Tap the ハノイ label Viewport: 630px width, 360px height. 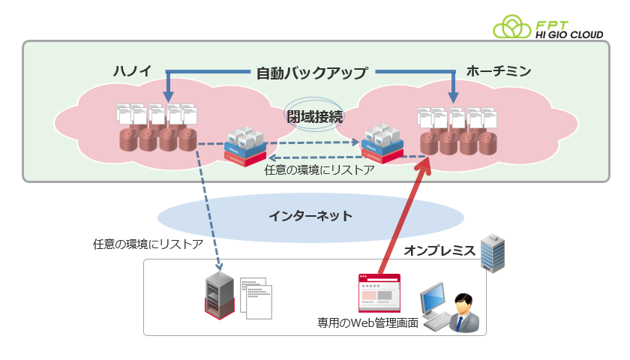point(132,72)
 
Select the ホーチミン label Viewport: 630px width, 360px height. point(498,72)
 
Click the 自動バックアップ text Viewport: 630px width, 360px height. point(311,73)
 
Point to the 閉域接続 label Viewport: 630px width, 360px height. point(314,116)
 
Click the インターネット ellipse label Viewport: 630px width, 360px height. point(310,216)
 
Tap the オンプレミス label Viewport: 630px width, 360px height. point(440,250)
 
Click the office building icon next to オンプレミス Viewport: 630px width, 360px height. point(493,251)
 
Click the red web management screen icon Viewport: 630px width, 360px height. point(379,293)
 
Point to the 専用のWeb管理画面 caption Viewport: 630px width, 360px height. point(367,323)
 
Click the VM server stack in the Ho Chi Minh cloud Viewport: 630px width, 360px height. point(382,142)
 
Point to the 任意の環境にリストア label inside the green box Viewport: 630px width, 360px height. point(320,169)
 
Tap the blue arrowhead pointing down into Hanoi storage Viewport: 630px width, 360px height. point(168,97)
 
